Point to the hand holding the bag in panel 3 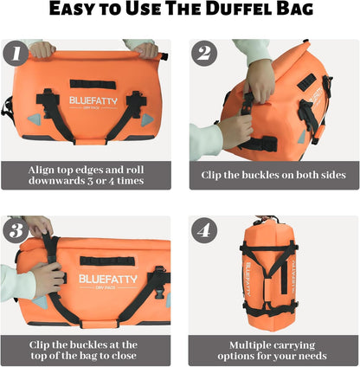coord(45,278)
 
